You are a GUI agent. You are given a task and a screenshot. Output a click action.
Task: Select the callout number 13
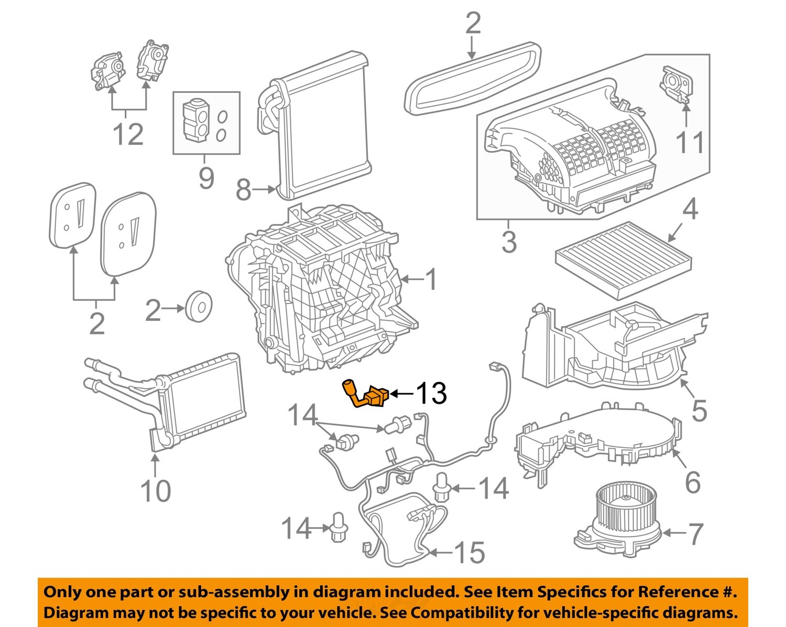(431, 393)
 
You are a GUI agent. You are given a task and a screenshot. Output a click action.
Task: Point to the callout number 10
(155, 491)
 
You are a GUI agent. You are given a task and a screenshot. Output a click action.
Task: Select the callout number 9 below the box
(206, 178)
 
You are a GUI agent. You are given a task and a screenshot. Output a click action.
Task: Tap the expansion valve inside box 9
(195, 119)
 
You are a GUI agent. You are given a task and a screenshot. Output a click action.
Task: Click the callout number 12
(128, 135)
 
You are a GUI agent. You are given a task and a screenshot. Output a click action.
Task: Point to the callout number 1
(431, 280)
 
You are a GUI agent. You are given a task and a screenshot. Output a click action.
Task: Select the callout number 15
(469, 553)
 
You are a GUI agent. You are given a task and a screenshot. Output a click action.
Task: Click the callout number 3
(509, 241)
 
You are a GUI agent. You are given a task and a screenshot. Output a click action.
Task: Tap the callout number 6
(692, 482)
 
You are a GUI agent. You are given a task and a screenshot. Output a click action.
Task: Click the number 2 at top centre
(472, 24)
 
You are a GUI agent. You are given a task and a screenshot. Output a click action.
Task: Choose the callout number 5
(699, 410)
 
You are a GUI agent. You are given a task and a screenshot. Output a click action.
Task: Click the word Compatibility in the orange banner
(465, 612)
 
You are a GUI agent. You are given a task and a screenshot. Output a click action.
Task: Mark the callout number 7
(695, 534)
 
